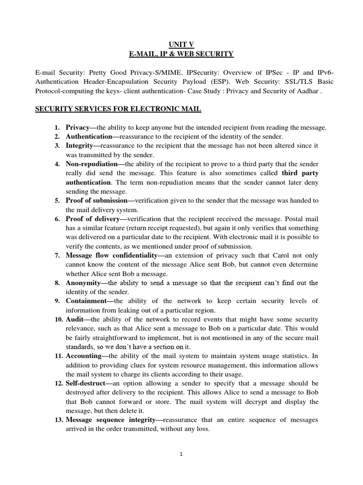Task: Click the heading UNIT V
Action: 181,45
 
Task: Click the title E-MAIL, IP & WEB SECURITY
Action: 181,54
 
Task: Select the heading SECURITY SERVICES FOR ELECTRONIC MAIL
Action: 119,109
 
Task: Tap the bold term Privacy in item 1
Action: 78,128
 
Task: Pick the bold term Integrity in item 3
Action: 79,146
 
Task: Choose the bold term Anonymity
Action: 84,283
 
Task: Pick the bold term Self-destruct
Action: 86,383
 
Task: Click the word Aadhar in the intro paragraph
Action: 307,91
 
